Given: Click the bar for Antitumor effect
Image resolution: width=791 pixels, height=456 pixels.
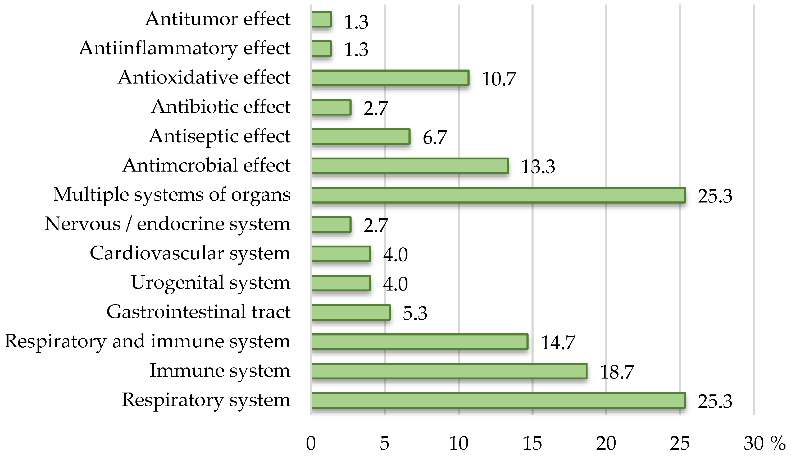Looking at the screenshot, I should point(321,19).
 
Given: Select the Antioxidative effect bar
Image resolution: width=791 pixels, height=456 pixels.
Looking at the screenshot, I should point(390,78).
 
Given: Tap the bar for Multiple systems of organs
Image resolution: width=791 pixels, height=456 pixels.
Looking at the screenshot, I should point(498,195).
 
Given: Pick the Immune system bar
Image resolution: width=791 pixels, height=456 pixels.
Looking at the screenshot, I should point(449,371).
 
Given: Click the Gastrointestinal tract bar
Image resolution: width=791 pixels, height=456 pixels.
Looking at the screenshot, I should point(351,312).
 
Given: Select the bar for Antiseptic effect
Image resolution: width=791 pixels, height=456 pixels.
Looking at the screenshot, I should point(361,137).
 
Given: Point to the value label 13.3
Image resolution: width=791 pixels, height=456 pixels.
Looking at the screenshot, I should point(538,166).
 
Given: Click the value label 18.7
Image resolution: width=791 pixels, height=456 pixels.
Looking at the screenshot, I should point(616,372).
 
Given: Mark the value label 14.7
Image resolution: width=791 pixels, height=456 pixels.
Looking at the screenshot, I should point(558,342).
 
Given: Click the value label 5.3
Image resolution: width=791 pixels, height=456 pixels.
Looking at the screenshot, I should point(415,313).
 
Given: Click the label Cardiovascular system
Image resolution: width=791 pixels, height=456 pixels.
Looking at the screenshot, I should point(190,253).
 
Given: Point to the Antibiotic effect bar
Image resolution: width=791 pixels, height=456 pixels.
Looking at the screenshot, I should point(331,107).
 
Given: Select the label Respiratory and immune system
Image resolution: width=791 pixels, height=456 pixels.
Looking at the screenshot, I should point(147,341).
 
